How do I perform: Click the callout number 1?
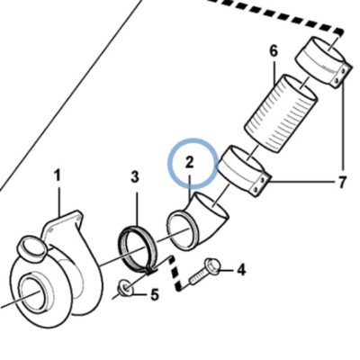[58, 175]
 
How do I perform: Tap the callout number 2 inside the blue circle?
[190, 163]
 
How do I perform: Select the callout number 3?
[135, 177]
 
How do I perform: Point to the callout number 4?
[241, 269]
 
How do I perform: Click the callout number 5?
[154, 295]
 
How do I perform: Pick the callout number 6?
[274, 51]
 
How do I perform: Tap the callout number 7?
[342, 182]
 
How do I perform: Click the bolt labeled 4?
[204, 273]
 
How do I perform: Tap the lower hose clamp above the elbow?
[243, 171]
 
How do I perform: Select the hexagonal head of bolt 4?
[212, 265]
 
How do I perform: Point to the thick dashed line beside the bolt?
[175, 274]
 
